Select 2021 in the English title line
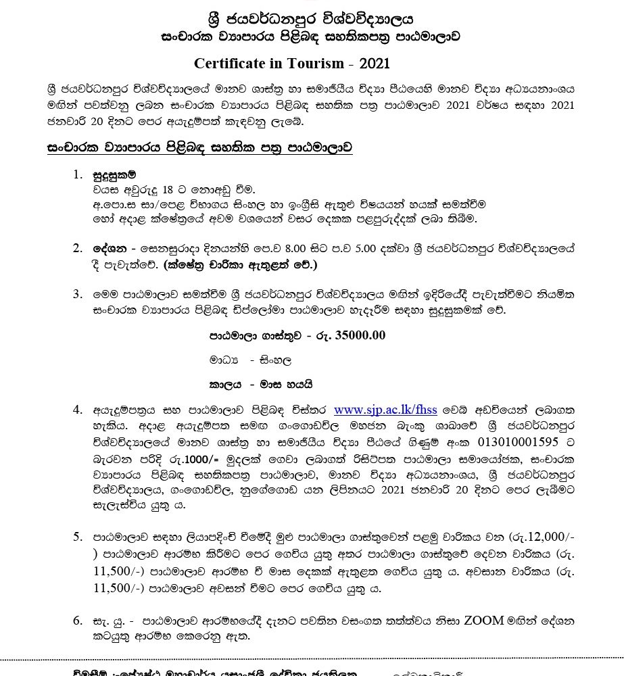[x=375, y=64]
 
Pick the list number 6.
[x=78, y=621]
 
